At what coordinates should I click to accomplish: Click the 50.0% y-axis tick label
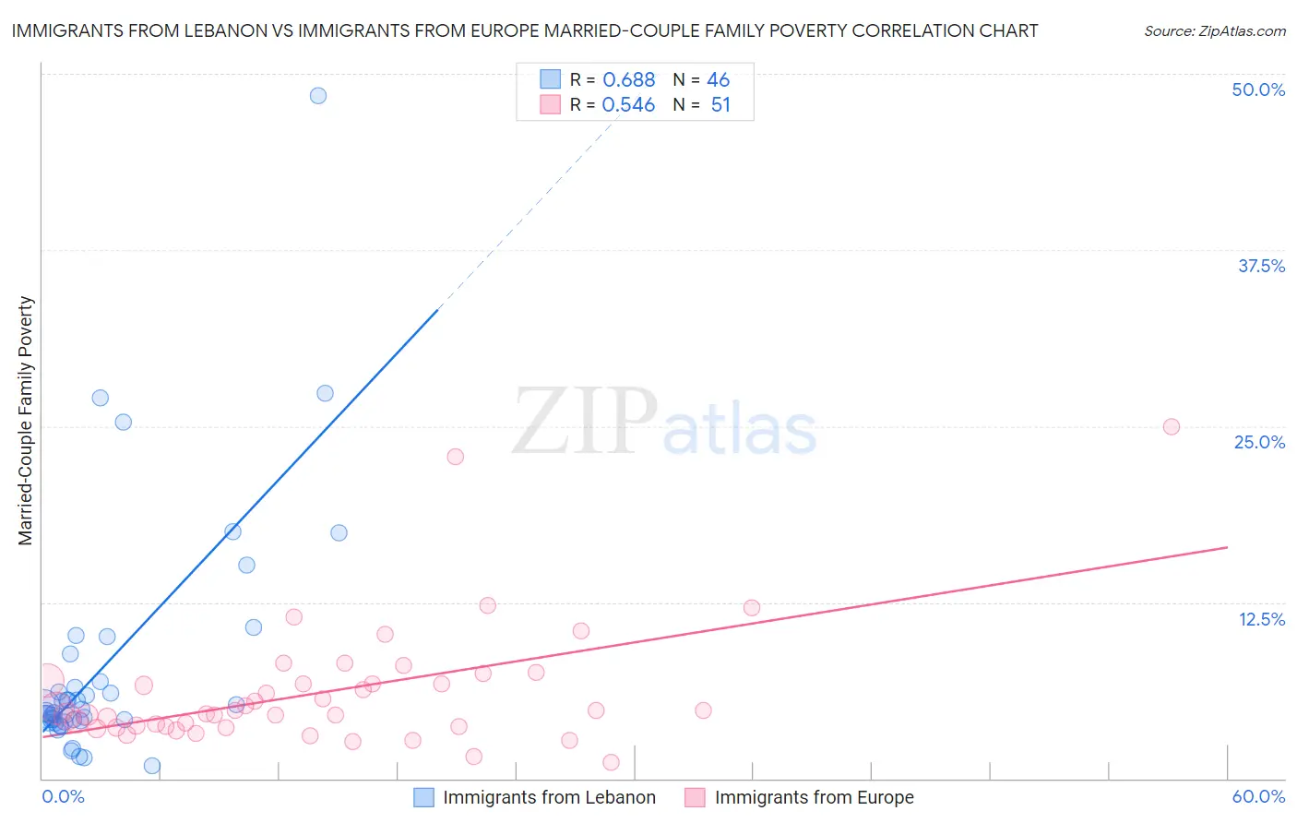point(1257,89)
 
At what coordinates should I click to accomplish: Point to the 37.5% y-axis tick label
point(1260,266)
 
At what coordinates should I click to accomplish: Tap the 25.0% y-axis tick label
point(1259,442)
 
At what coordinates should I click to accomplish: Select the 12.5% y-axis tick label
point(1261,619)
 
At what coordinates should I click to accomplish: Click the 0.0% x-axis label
point(63,796)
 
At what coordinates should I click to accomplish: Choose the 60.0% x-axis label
point(1257,796)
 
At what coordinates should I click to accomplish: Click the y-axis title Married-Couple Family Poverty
point(26,421)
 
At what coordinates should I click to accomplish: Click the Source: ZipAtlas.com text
point(1214,30)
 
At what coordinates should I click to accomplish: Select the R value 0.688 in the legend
point(628,80)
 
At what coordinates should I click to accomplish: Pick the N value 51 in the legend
point(720,105)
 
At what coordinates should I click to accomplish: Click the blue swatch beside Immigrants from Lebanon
point(423,797)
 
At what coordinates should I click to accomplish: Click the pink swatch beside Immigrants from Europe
point(695,797)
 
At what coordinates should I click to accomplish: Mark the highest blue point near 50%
point(318,95)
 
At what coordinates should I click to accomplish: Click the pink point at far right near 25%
point(1172,426)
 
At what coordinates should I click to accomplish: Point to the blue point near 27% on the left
point(101,398)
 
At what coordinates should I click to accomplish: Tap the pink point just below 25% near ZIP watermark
point(455,457)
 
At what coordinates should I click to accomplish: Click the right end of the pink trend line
point(1228,547)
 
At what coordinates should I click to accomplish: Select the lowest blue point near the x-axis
point(152,766)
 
